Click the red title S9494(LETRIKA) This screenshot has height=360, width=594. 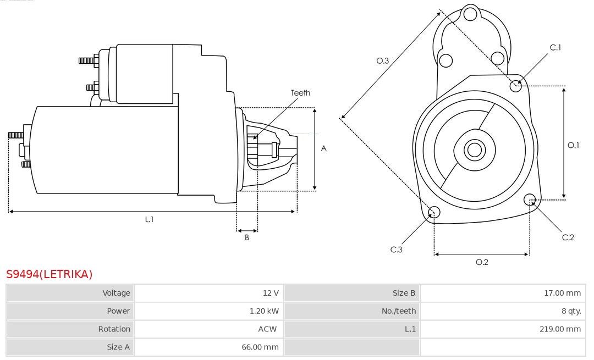[x=50, y=274]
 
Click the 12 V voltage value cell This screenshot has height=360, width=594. [x=270, y=293]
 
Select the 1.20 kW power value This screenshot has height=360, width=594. [x=264, y=311]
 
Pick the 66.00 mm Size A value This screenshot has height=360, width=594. [x=260, y=347]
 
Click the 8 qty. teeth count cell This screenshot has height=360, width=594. [x=571, y=311]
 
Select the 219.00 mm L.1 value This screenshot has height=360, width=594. [x=560, y=329]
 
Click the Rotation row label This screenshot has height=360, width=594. [x=114, y=329]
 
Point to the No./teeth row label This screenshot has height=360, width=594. [x=399, y=311]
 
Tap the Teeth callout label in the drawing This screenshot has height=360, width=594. [x=300, y=93]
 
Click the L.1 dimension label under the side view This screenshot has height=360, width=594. [x=149, y=219]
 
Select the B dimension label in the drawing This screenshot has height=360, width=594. [x=247, y=238]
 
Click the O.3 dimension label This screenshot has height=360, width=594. [x=383, y=61]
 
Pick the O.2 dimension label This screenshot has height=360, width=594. [x=482, y=262]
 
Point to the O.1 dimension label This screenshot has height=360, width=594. [x=573, y=146]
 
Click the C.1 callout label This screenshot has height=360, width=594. [x=555, y=48]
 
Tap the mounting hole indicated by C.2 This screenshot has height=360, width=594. [x=530, y=199]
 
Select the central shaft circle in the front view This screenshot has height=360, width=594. [x=474, y=149]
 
